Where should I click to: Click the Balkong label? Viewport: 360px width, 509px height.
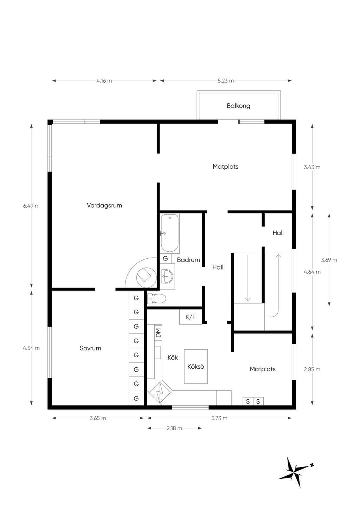[238, 106]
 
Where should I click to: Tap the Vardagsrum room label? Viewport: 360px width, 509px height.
[104, 205]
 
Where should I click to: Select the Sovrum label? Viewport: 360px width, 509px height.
[90, 348]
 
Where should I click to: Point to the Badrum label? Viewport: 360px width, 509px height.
[188, 260]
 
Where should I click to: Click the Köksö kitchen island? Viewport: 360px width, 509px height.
[196, 366]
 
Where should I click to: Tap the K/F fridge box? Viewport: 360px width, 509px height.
[191, 317]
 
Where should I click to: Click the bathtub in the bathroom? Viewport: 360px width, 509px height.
[170, 234]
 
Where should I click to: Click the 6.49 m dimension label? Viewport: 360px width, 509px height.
[31, 206]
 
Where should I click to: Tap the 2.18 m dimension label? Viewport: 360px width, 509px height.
[174, 429]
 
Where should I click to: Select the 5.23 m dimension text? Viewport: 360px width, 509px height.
[226, 80]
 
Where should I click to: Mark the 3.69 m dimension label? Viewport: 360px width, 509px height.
[329, 260]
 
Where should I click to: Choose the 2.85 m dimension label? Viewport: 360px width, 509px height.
[312, 369]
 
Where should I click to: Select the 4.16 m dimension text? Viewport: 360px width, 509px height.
[104, 80]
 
